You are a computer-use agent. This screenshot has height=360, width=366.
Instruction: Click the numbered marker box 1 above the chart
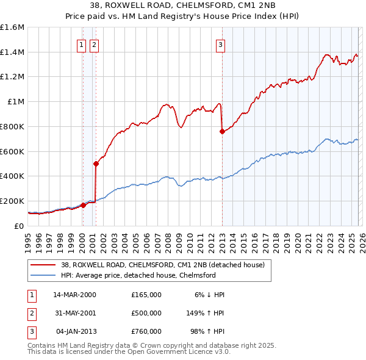tap(81, 44)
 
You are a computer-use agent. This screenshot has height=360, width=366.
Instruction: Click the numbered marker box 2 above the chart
tap(94, 44)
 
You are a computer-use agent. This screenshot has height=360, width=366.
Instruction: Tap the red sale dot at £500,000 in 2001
tap(96, 164)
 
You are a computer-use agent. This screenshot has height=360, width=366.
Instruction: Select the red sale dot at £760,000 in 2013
tap(222, 131)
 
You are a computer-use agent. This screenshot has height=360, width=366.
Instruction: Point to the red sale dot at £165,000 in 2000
tap(83, 205)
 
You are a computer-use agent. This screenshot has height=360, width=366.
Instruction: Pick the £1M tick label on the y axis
tap(15, 102)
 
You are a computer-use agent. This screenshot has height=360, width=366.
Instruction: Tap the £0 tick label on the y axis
tap(18, 226)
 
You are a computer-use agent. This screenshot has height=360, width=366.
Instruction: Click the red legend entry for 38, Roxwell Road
tap(163, 265)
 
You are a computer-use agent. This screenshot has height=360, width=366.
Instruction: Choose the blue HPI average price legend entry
tap(138, 275)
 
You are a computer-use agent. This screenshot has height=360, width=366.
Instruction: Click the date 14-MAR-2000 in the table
tap(74, 295)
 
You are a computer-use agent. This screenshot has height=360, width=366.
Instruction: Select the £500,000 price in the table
tap(146, 313)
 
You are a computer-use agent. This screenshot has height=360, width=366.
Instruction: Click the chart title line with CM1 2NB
tap(182, 7)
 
